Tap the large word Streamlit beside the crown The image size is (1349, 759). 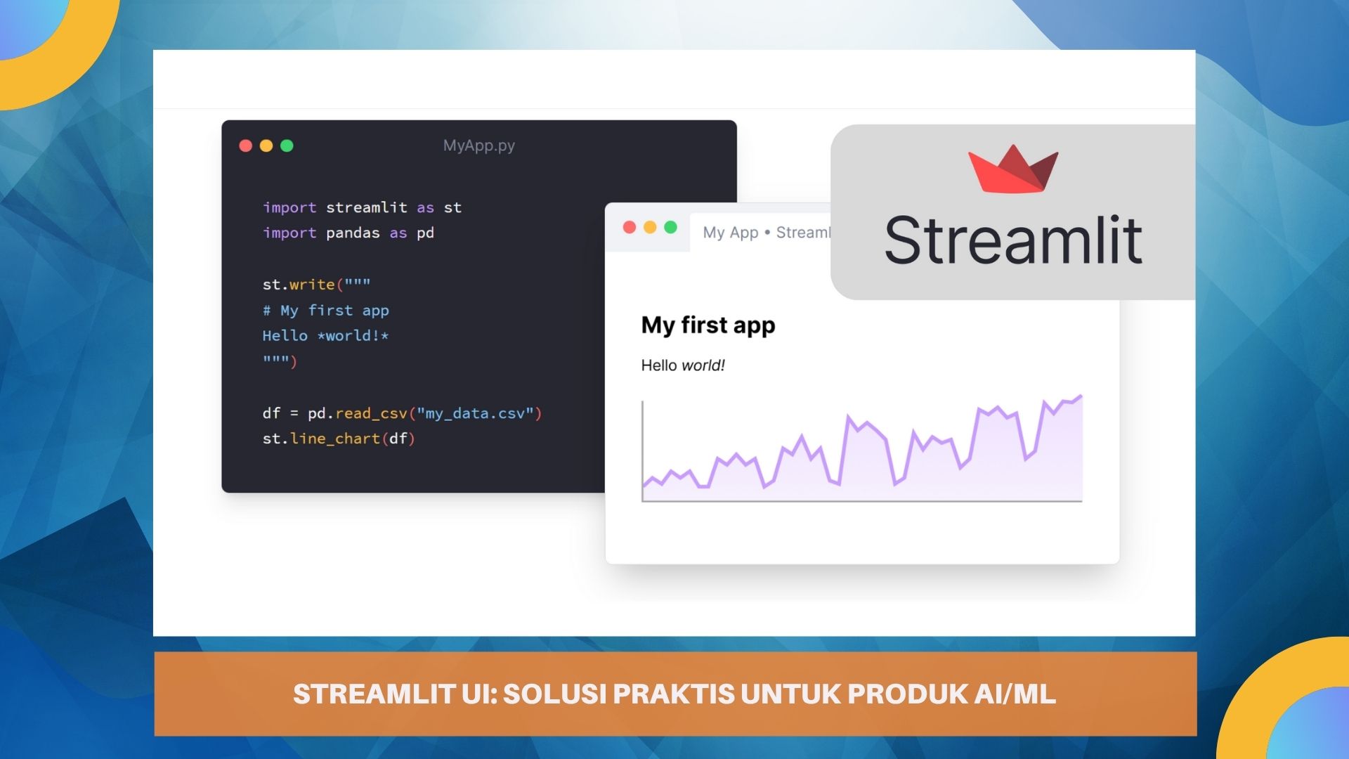coord(1012,240)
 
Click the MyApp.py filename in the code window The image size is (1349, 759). coord(478,145)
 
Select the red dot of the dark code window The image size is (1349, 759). coord(245,145)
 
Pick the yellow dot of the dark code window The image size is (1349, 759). coord(266,145)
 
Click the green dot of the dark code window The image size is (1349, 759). coord(287,145)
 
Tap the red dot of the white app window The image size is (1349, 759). coord(630,227)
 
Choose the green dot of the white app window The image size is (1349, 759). coord(670,227)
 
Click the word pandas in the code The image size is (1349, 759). coord(353,233)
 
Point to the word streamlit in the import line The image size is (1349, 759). coord(366,207)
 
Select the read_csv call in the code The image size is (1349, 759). coord(371,413)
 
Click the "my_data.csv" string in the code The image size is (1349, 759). coord(475,413)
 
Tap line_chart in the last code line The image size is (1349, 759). coord(335,439)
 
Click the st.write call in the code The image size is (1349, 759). coord(299,285)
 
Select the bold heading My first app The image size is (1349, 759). coord(708,325)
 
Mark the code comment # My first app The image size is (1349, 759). coord(325,311)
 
